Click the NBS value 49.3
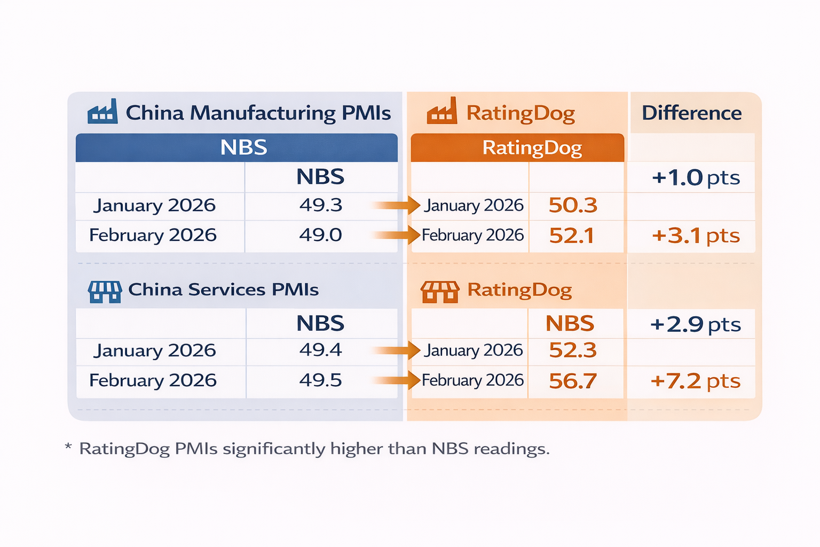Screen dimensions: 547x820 tap(320, 205)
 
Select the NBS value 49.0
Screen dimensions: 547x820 tap(320, 235)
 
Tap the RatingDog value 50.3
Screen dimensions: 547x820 tap(573, 206)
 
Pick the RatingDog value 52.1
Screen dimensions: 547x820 tap(572, 236)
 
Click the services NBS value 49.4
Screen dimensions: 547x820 tap(320, 350)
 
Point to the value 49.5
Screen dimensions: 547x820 tap(320, 380)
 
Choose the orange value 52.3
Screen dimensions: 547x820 tap(573, 350)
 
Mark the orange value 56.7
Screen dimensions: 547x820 tap(573, 381)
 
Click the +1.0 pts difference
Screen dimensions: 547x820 tap(696, 178)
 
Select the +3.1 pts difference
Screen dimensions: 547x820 tap(696, 236)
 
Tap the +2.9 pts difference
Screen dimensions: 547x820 tap(696, 324)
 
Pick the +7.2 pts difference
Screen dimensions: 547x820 tap(696, 381)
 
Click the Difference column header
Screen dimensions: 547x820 tap(691, 113)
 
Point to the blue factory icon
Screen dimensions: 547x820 tap(102, 112)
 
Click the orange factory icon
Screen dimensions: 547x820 tap(442, 111)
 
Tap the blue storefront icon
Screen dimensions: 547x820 tap(105, 292)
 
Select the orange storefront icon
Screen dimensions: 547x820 tap(440, 292)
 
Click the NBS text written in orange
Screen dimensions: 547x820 tap(570, 324)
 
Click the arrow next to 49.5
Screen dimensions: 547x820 tap(396, 380)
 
